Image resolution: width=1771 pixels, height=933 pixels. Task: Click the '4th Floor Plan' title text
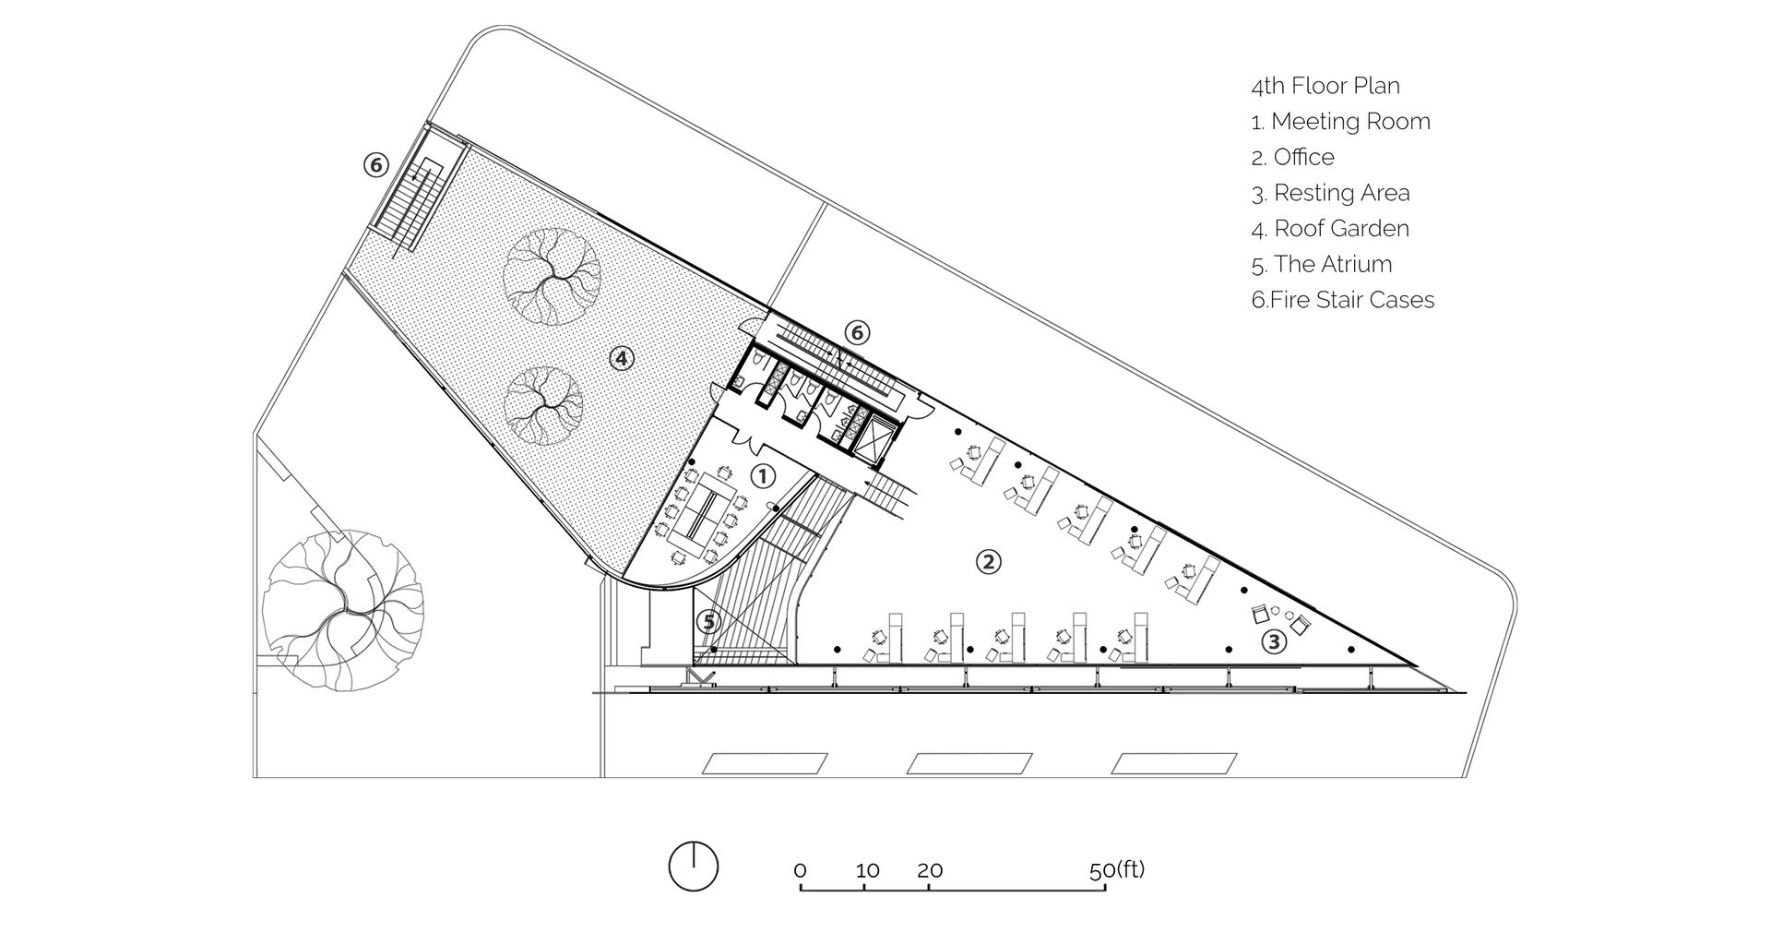click(x=1325, y=86)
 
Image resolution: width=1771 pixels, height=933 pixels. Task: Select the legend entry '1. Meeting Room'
click(x=1340, y=122)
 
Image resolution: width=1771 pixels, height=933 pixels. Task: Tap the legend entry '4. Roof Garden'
click(x=1330, y=229)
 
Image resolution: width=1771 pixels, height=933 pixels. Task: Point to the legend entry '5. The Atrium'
click(x=1322, y=265)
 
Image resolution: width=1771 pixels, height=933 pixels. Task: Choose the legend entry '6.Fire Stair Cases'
click(x=1343, y=300)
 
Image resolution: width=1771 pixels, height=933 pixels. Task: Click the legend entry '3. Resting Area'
click(x=1331, y=193)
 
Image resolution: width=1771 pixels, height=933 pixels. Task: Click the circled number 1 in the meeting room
click(x=763, y=476)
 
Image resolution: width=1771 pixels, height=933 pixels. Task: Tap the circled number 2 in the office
click(x=989, y=561)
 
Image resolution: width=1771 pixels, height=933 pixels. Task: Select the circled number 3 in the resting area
click(x=1273, y=641)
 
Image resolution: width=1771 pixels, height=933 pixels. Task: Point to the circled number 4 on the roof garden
click(x=622, y=358)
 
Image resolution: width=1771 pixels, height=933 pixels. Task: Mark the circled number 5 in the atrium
click(x=708, y=622)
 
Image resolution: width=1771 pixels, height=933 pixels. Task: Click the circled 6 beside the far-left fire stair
click(x=374, y=165)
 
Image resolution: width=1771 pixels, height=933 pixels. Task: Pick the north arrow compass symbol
click(x=693, y=867)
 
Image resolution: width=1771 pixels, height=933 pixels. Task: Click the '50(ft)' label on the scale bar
click(x=1116, y=870)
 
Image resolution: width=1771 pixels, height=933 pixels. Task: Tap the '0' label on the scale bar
click(x=800, y=871)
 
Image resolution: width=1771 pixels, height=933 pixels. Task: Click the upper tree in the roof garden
click(x=552, y=276)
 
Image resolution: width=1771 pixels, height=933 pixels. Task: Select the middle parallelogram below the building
click(x=969, y=763)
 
